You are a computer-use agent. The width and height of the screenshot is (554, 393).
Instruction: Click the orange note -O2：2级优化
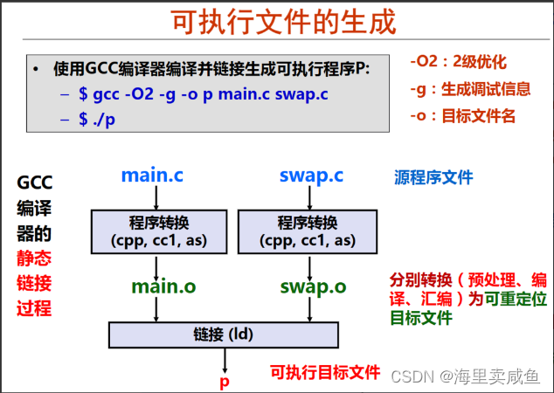coord(458,62)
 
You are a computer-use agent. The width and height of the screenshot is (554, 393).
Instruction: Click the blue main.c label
coord(152,175)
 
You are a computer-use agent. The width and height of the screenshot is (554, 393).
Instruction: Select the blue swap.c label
coord(311,175)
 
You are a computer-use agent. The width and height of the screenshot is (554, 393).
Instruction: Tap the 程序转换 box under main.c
coord(154,230)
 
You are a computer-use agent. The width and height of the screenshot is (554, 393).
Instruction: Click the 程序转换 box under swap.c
coord(312,230)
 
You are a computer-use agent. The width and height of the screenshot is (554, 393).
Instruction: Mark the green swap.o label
coord(312,286)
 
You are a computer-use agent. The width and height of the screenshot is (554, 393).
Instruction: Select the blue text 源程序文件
coord(433,177)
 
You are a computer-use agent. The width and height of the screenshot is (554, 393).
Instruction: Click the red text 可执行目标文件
coord(325,371)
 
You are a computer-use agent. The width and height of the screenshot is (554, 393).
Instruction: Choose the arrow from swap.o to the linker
coord(312,308)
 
